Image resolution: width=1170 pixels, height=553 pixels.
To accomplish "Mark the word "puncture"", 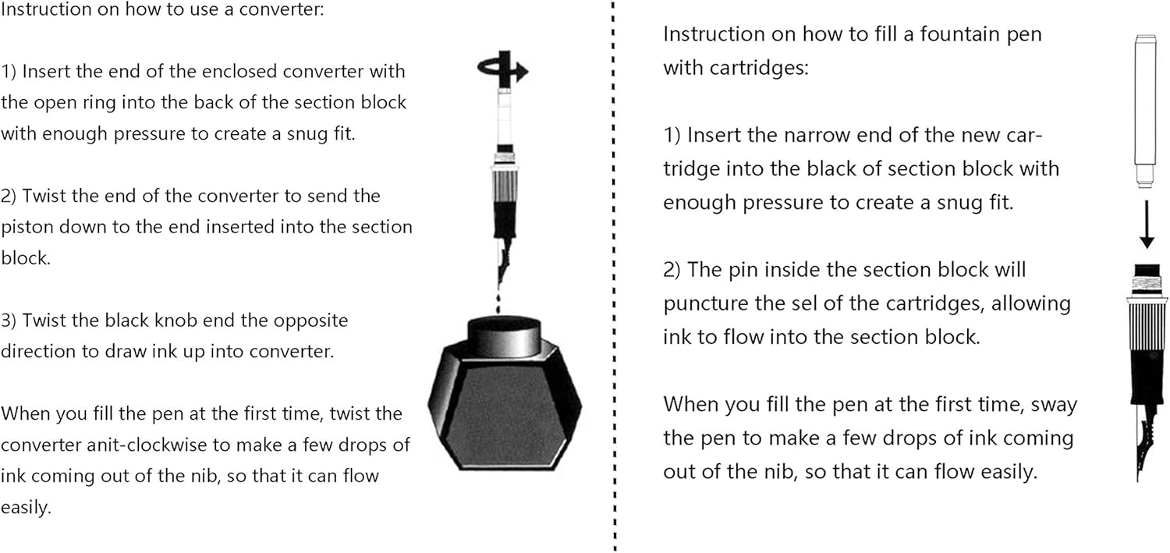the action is [702, 304].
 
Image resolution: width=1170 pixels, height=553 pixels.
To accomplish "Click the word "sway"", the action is [1054, 406].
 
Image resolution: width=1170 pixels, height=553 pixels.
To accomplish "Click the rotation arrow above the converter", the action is [502, 69].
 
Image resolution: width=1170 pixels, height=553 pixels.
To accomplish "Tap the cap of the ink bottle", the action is [504, 335].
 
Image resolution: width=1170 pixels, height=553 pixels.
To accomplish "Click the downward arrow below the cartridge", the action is [1147, 225].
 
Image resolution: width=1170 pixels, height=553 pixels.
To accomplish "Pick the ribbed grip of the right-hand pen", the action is [1147, 324].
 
